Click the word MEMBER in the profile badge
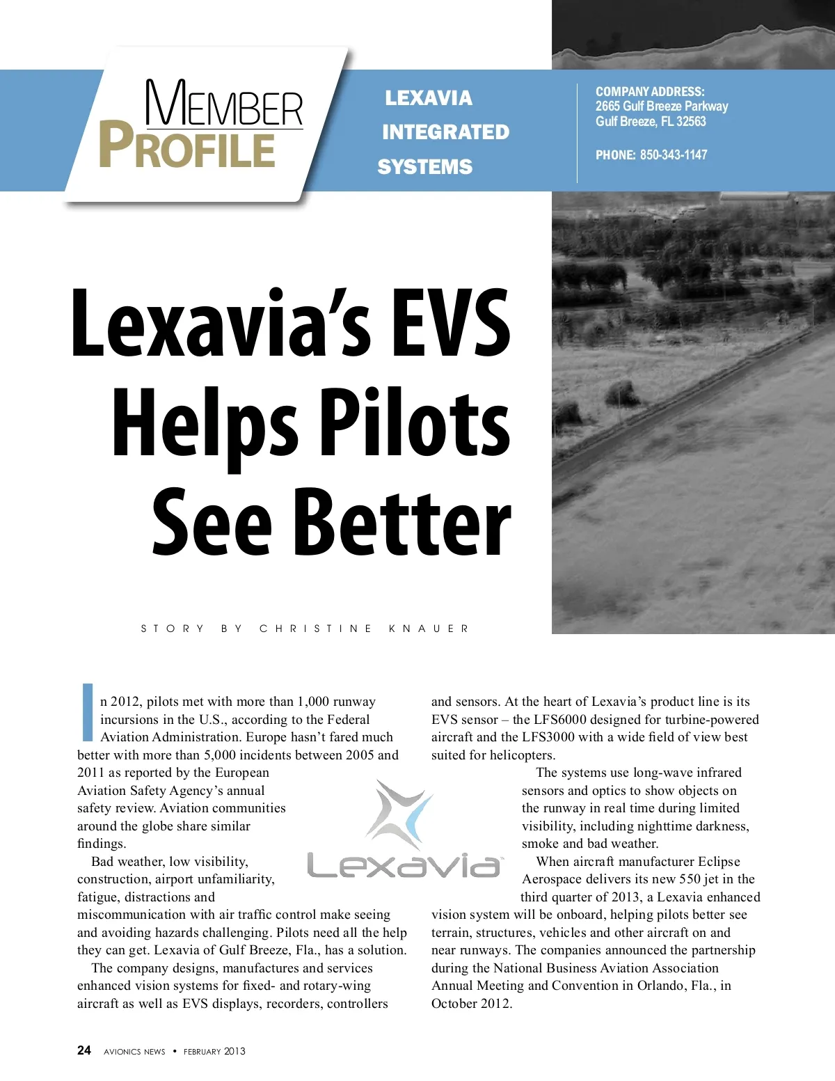tap(224, 104)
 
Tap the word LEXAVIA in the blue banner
tap(429, 98)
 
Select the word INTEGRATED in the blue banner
tap(445, 132)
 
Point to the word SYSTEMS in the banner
tap(424, 167)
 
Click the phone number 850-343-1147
tap(673, 155)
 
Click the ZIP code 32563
tap(691, 122)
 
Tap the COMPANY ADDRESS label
tap(650, 92)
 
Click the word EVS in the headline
tap(450, 324)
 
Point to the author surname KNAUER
tap(429, 629)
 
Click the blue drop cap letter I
tap(88, 712)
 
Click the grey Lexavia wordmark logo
tap(404, 865)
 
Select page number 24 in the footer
tap(84, 1050)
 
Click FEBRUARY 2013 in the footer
tap(214, 1052)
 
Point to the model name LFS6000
tap(560, 720)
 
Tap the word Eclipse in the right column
tap(719, 862)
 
